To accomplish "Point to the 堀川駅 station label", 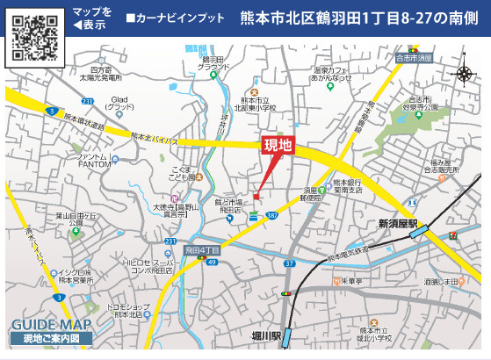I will pyautogui.click(x=264, y=336).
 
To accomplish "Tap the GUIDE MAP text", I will pyautogui.click(x=51, y=324).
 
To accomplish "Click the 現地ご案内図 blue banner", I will pyautogui.click(x=51, y=338).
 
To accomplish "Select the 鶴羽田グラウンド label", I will pyautogui.click(x=213, y=63).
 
